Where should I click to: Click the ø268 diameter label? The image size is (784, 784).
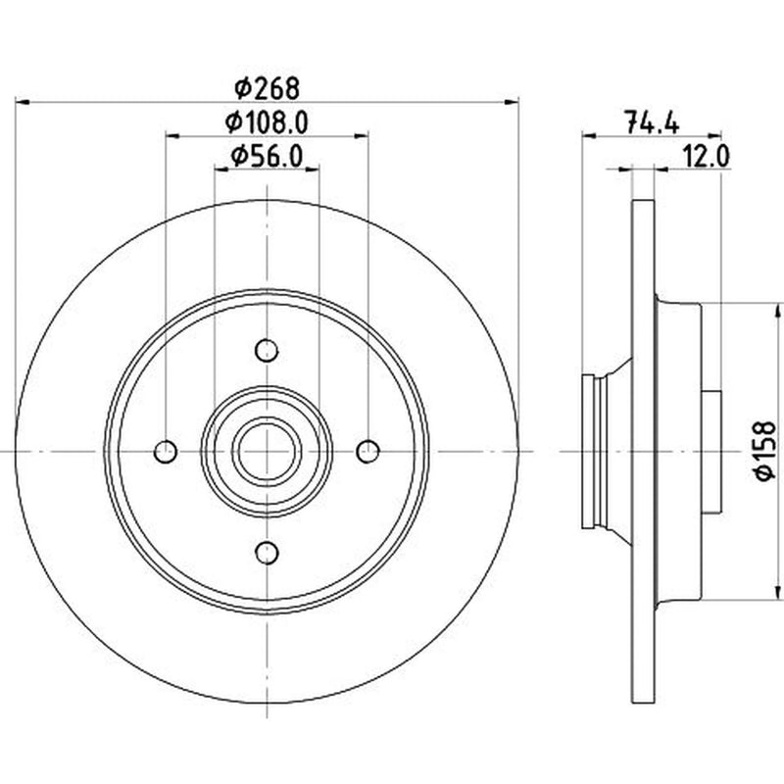tap(267, 88)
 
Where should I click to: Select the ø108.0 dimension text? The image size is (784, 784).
tap(267, 122)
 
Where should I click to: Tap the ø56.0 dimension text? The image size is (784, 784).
tap(267, 157)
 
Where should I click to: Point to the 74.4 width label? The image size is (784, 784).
tap(653, 122)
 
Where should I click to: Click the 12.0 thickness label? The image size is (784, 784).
tap(707, 157)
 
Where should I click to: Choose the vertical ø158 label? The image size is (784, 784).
tap(766, 451)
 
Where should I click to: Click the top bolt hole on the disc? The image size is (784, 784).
tap(267, 351)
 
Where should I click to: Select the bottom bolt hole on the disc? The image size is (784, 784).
tap(267, 553)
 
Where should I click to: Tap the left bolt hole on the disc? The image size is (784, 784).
tap(166, 452)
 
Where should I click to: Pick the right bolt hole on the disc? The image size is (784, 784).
tap(368, 452)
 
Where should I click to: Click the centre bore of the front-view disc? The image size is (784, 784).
tap(267, 452)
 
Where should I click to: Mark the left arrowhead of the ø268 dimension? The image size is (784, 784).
tap(23, 102)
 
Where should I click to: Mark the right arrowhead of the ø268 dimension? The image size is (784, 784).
tap(511, 102)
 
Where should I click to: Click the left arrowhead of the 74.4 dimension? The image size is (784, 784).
tap(590, 135)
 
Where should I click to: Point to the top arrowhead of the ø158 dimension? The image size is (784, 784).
tap(777, 310)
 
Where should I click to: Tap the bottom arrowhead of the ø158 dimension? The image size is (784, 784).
tap(777, 592)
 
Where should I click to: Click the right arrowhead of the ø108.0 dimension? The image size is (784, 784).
tap(361, 135)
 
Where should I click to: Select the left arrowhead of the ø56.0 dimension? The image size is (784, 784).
tap(221, 170)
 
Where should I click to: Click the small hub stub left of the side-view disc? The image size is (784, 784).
tap(589, 452)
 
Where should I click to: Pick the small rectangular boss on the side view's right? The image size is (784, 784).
tap(711, 452)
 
